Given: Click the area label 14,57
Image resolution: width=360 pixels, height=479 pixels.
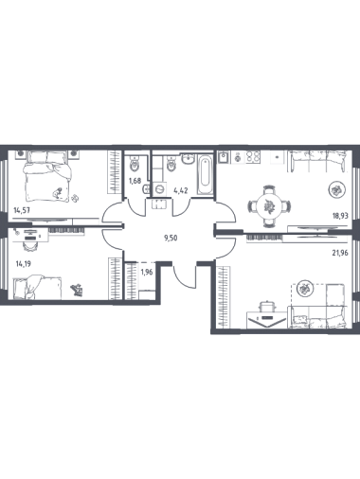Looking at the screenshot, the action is pos(22,210).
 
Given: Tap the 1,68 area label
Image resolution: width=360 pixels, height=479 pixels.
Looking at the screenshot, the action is pos(135,181).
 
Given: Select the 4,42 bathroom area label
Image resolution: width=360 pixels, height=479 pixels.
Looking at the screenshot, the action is pos(181,190).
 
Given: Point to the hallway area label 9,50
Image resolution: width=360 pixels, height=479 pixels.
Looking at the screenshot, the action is pos(171,238).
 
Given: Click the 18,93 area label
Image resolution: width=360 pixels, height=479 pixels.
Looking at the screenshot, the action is pos(340,216).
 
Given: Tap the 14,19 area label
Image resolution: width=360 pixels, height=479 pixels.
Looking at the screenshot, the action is pos(24,263).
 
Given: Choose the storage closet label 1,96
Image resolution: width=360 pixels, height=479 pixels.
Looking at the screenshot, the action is pos(147,272).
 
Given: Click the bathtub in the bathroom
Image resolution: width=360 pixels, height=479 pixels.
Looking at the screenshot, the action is pos(205,174).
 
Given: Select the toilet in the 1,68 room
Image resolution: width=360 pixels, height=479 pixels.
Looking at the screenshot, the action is pos(135,164).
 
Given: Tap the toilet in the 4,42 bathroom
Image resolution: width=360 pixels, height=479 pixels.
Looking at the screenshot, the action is pos(171,164).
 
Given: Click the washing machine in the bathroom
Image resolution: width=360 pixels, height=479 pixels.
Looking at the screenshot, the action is pos(160,189).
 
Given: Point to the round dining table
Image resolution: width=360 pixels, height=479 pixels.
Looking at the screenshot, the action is pos(268,206).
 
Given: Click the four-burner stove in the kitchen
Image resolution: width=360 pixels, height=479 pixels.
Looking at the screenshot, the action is pos(253,157).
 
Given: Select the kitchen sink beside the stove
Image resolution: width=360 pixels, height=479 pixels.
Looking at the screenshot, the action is pos(225,157).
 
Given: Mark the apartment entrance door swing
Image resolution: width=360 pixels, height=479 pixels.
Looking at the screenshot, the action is pos(184,276).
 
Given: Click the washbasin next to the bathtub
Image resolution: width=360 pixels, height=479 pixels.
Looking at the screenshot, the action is pos(189,159).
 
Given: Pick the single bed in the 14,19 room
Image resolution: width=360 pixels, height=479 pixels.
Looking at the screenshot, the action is pos(37,287).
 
